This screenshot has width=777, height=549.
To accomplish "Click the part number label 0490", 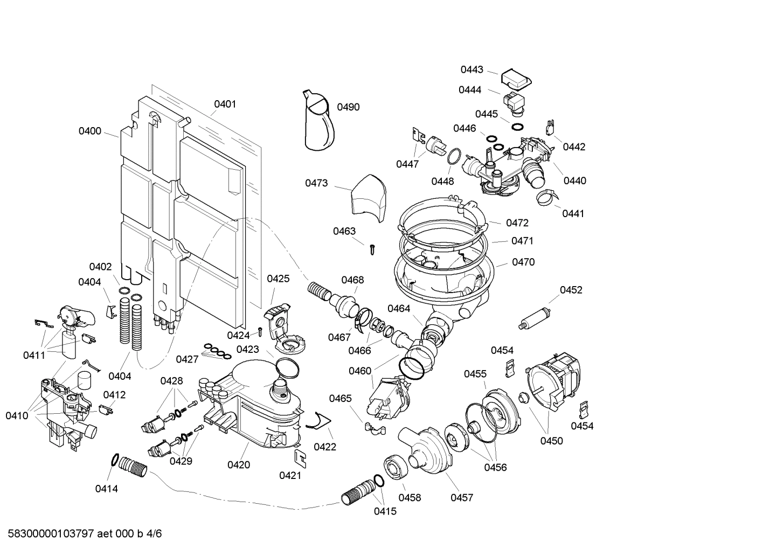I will (x=348, y=107).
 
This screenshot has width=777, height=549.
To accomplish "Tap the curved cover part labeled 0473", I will (x=368, y=198).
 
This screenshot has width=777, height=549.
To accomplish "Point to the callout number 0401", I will (x=225, y=104).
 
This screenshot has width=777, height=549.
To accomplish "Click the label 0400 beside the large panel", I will (x=90, y=131).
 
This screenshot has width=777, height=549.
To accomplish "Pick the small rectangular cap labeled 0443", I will (x=516, y=79).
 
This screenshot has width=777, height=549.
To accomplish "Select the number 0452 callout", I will (x=571, y=290).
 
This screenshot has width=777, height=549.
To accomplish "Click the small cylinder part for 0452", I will (x=533, y=318).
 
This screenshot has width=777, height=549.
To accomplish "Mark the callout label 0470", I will (x=523, y=262).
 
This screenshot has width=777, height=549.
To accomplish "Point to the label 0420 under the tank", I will (x=239, y=464).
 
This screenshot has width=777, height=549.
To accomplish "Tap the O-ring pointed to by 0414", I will (x=115, y=460).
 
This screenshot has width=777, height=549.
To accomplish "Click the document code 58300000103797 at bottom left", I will (x=48, y=534).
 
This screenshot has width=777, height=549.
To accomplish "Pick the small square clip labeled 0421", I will (x=300, y=457).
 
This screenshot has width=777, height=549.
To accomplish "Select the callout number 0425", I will (x=278, y=279).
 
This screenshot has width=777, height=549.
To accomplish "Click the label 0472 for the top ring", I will (x=517, y=223).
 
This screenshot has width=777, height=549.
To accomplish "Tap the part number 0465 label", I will (x=341, y=398).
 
